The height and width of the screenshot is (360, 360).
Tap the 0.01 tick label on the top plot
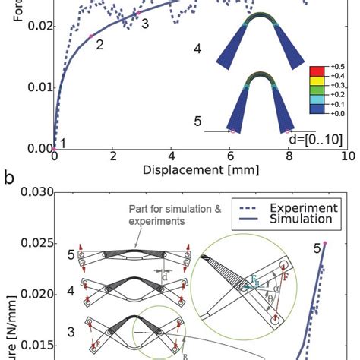37,87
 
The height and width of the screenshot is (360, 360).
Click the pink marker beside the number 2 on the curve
90,36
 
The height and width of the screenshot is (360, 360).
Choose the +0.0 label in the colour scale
336,112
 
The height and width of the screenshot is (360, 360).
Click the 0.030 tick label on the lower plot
33,193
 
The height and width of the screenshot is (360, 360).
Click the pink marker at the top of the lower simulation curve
325,242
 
